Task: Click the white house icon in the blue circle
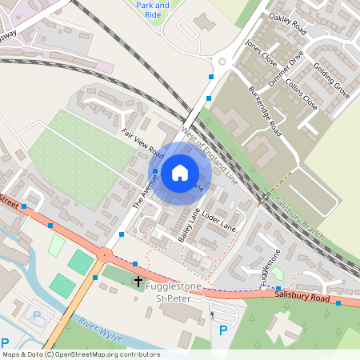[x=180, y=172]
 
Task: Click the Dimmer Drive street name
[x=286, y=69]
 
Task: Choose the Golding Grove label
[x=331, y=79]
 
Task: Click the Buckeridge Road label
[x=265, y=110]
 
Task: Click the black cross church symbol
[x=138, y=282]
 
